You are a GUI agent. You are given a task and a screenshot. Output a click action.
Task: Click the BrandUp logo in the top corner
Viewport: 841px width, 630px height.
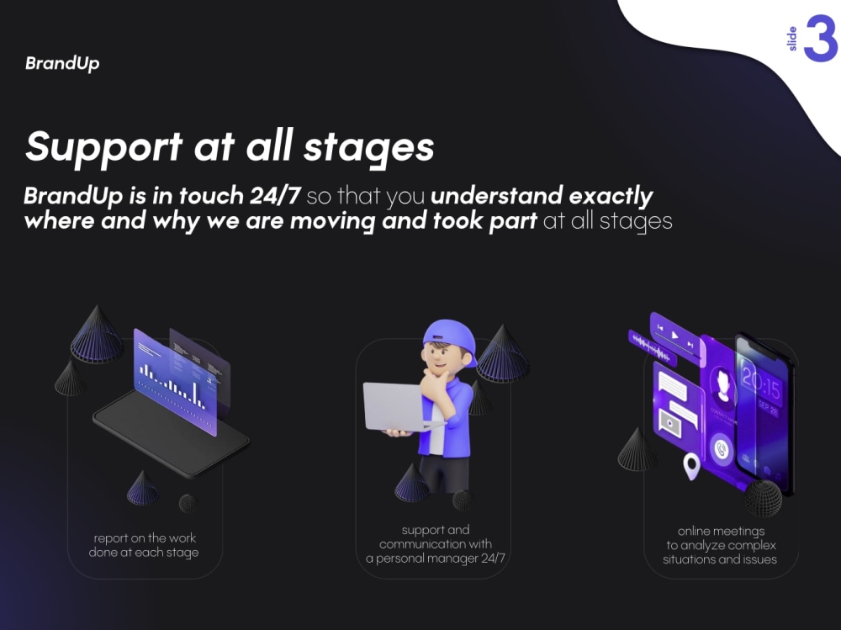(x=62, y=64)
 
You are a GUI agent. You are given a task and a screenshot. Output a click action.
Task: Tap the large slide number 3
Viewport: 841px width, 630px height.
(x=820, y=40)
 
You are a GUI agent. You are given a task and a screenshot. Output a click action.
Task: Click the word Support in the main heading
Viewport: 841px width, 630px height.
(x=103, y=146)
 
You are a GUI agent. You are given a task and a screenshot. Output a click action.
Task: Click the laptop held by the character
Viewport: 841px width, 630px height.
(x=394, y=406)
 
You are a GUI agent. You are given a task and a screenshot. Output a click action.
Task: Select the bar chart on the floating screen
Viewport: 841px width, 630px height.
(x=173, y=384)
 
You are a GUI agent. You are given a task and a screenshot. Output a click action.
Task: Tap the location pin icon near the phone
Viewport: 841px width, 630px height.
(x=691, y=465)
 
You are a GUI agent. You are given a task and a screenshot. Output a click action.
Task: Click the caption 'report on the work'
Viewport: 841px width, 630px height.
(x=145, y=538)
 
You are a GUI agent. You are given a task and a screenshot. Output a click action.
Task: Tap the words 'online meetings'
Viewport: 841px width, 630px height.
(x=721, y=532)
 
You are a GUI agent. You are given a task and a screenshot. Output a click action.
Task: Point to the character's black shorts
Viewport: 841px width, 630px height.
(x=441, y=471)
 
